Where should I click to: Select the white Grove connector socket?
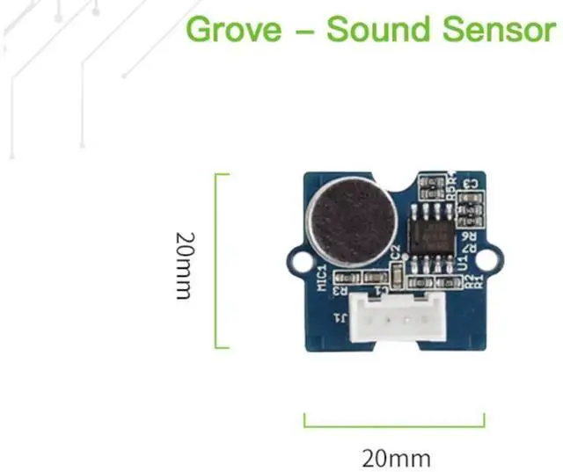(393, 322)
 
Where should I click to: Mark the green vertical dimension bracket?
(217, 260)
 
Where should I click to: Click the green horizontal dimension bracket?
(393, 423)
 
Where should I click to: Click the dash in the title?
(303, 32)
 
